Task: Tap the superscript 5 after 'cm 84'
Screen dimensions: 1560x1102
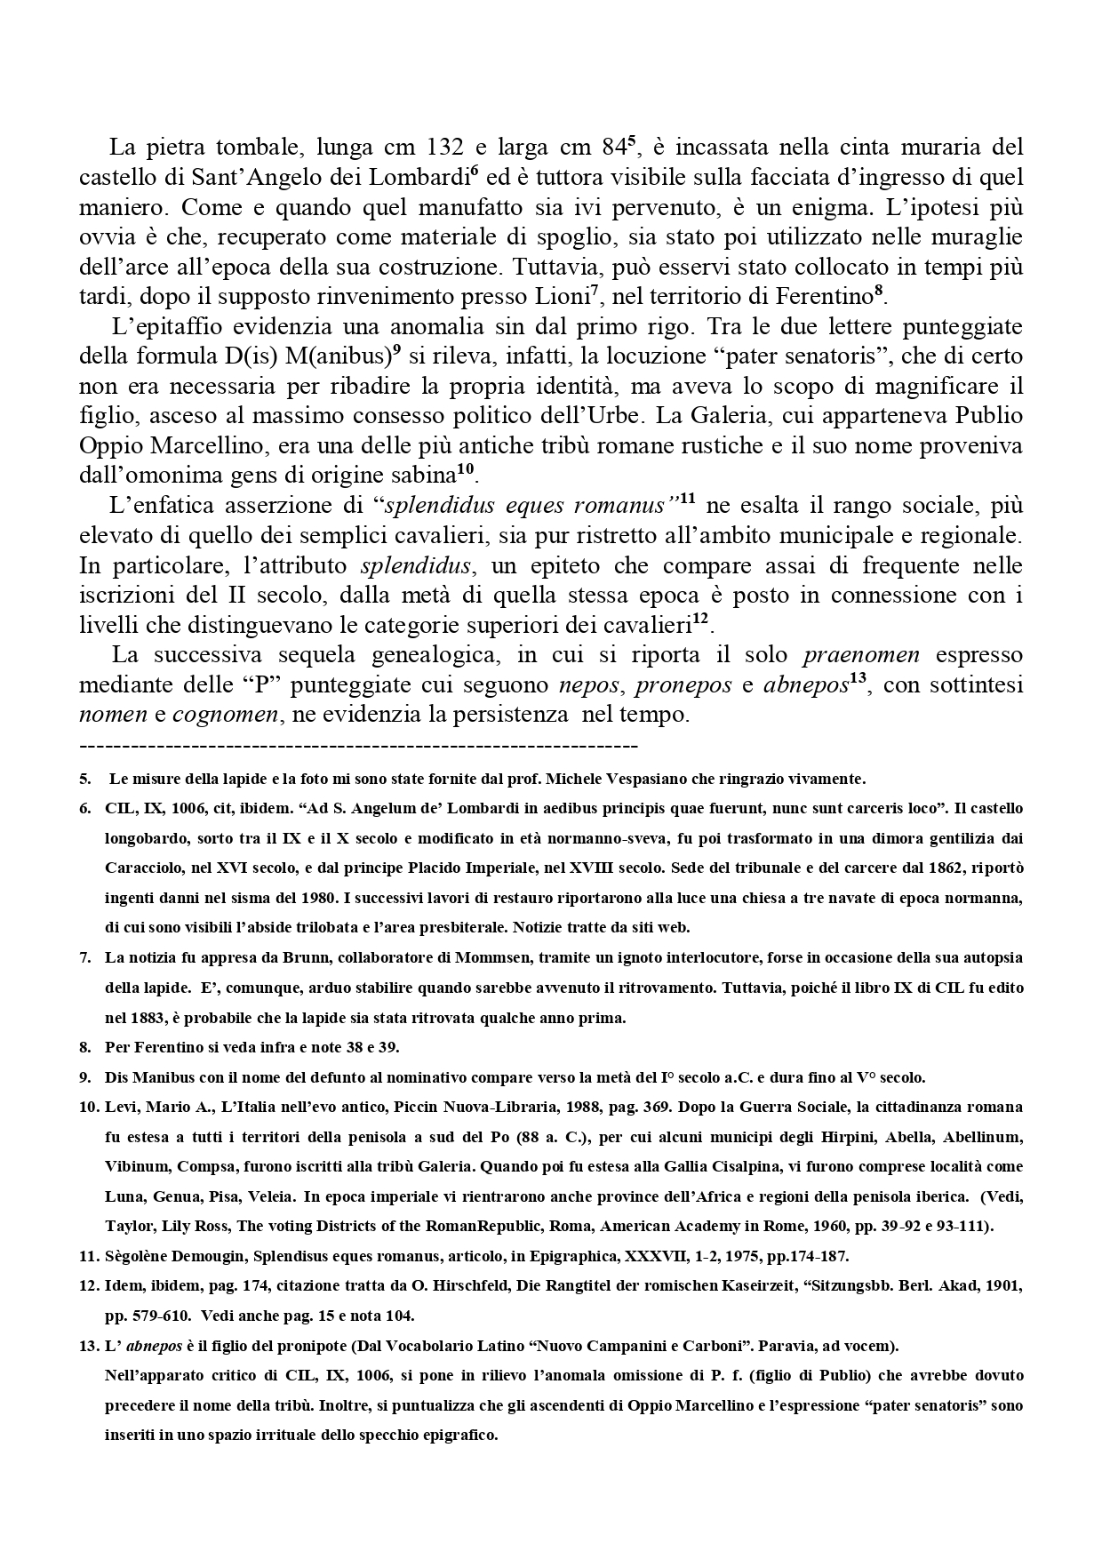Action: tap(632, 140)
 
